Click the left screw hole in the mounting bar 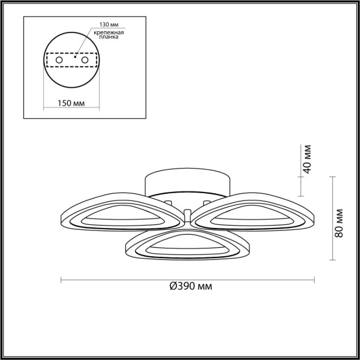pyautogui.click(x=59, y=61)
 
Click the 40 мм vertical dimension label pyautogui.click(x=308, y=158)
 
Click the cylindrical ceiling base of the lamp pyautogui.click(x=187, y=183)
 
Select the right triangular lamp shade pyautogui.click(x=255, y=213)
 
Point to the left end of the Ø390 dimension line pyautogui.click(x=62, y=278)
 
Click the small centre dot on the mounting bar pyautogui.click(x=74, y=57)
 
